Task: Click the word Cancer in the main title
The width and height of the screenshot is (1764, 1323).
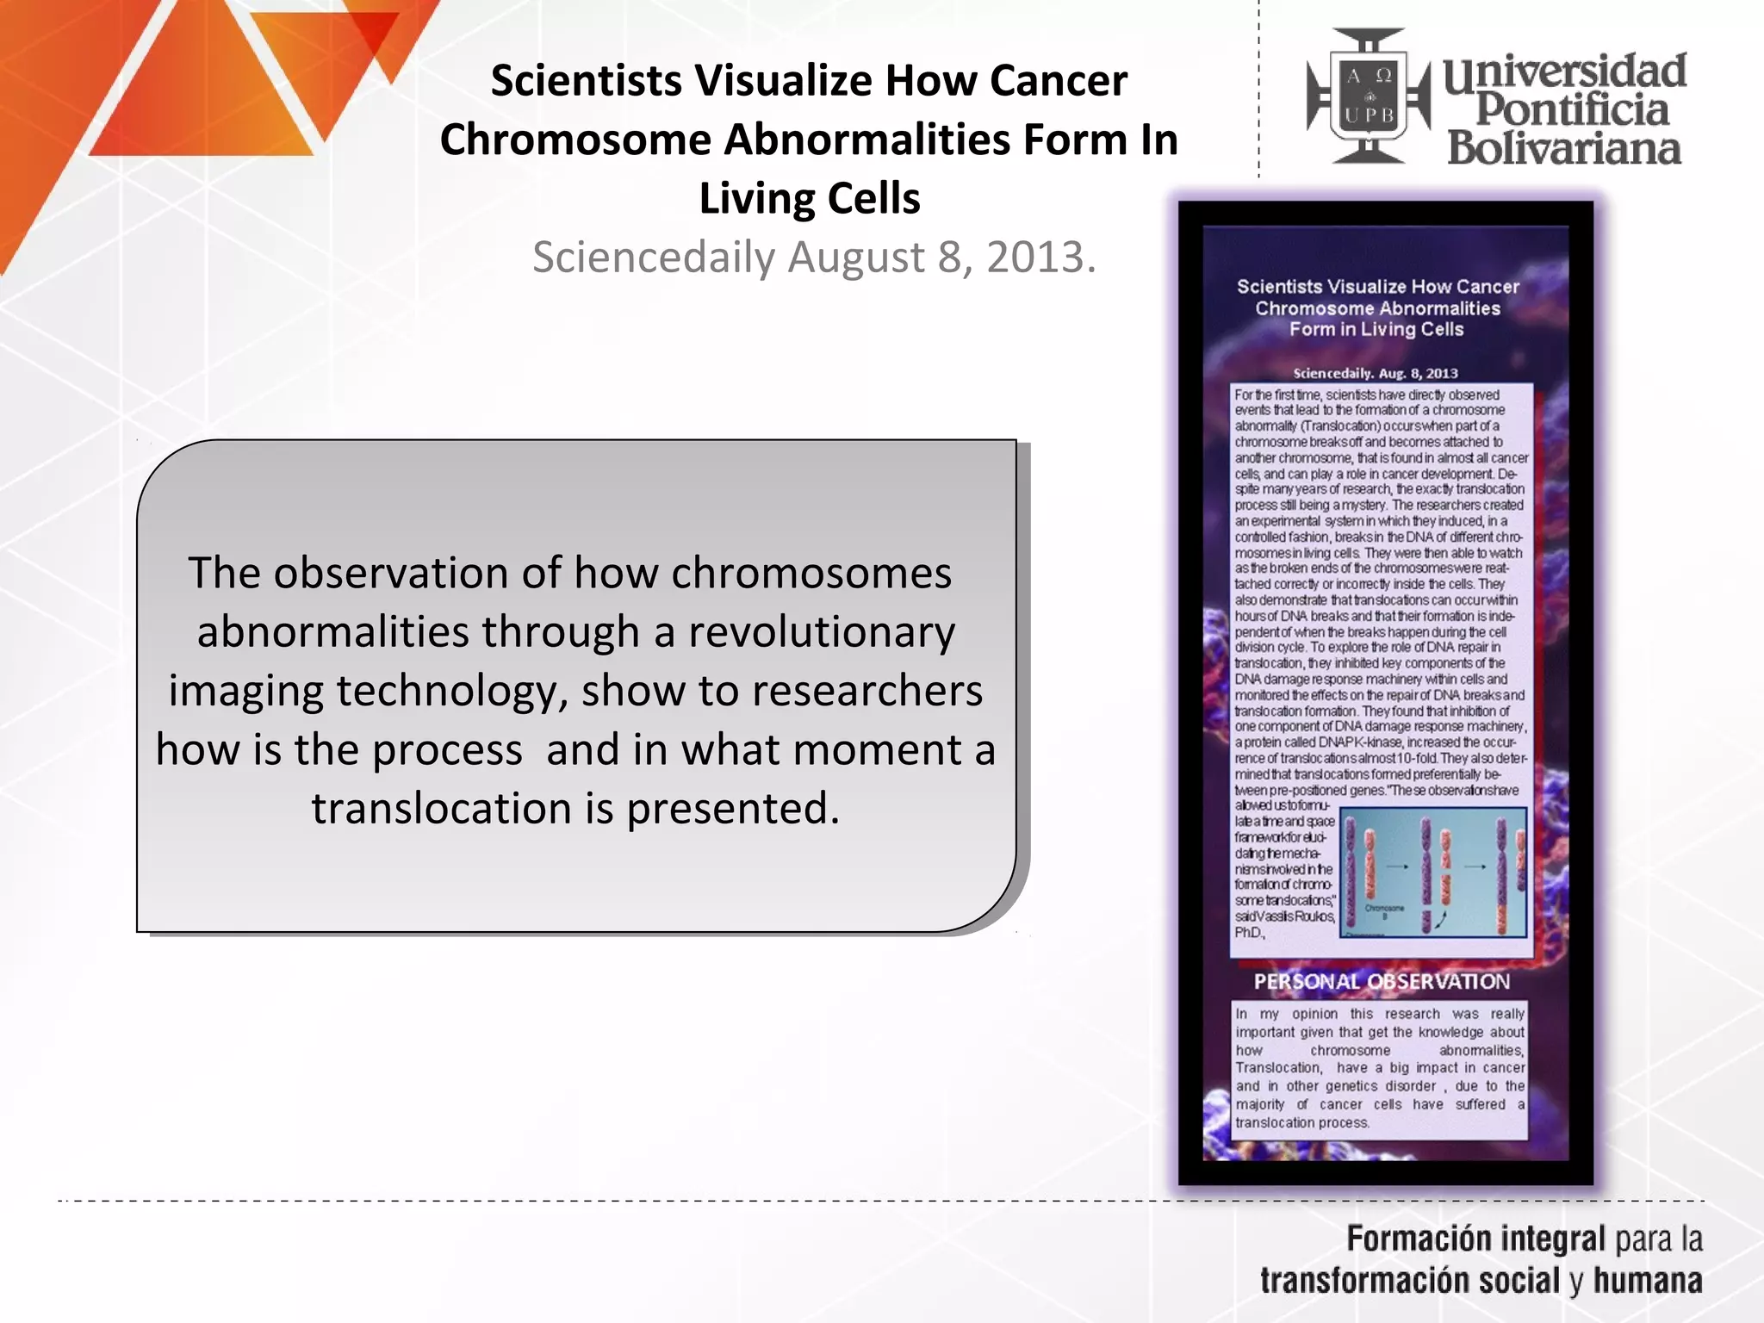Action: click(1058, 81)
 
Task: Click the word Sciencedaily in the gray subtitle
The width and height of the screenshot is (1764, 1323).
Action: click(654, 257)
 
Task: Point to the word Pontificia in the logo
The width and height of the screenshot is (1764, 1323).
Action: click(1572, 109)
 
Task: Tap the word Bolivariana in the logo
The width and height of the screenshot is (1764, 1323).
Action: click(1563, 148)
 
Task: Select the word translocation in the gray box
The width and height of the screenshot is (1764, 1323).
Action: click(441, 809)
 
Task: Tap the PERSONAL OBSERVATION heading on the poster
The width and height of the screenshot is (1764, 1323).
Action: click(1381, 982)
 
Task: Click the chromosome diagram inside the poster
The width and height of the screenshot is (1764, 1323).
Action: click(1433, 872)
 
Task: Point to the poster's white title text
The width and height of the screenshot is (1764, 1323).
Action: click(1377, 307)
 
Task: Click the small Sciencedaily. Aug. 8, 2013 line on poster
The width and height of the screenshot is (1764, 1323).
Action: click(1375, 373)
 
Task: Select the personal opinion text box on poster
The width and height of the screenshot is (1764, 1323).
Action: click(1379, 1068)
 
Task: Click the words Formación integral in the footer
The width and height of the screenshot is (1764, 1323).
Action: click(1475, 1239)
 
